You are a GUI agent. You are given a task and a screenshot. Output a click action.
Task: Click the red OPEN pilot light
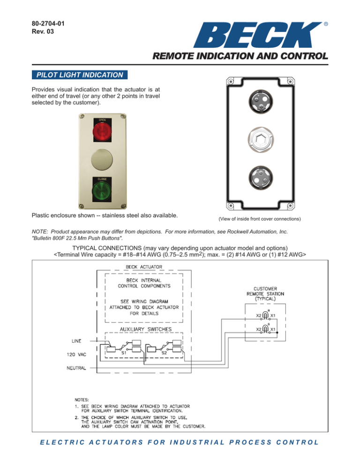point(102,132)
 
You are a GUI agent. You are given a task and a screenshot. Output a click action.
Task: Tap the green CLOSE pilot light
point(102,190)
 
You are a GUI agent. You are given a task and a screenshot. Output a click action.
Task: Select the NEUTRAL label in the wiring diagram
point(75,368)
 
